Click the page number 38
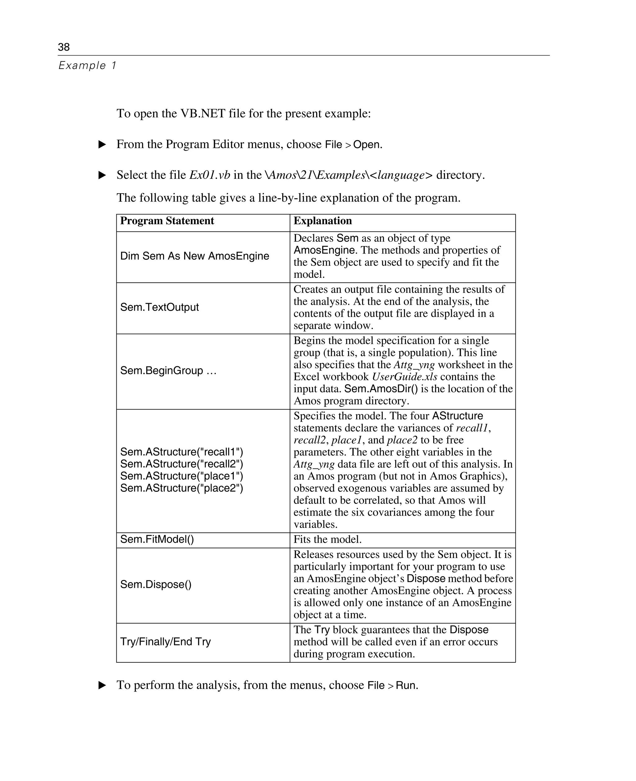[x=64, y=47]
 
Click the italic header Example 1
[x=87, y=66]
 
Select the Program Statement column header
[x=167, y=221]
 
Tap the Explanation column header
[x=322, y=221]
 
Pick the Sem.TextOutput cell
[x=159, y=307]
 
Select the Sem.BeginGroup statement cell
[x=168, y=371]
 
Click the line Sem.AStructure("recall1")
[x=181, y=452]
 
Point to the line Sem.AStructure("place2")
[x=181, y=488]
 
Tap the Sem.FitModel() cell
[x=157, y=540]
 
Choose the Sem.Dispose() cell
[x=156, y=584]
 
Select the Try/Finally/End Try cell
[x=165, y=642]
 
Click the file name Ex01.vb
[x=210, y=175]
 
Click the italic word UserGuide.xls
[x=404, y=377]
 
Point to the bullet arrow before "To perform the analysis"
[x=102, y=685]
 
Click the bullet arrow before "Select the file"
[x=102, y=175]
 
